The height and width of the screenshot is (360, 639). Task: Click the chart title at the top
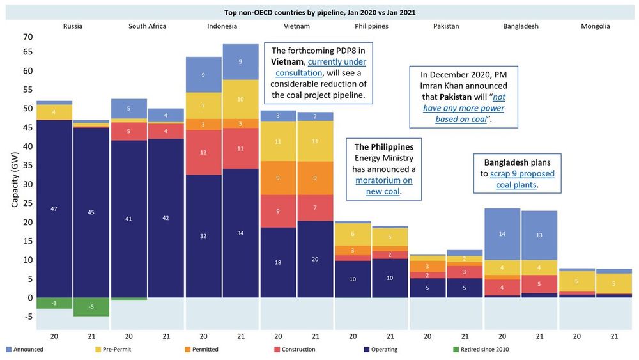point(319,12)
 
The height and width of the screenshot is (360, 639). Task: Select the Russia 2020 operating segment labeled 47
point(54,208)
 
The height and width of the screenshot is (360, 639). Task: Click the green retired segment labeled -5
point(91,306)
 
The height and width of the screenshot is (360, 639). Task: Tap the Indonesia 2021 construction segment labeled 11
point(240,148)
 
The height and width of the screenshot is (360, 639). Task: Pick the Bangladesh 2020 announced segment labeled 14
point(502,234)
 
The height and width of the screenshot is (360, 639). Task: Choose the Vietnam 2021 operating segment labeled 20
point(315,259)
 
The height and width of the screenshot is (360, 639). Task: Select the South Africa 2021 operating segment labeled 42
point(166,218)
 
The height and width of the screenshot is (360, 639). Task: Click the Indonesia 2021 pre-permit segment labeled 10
point(240,99)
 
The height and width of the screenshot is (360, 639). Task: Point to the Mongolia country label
point(595,26)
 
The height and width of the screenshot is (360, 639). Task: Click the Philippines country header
point(371,26)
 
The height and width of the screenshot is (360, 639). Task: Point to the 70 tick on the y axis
point(26,36)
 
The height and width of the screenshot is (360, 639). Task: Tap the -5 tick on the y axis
point(26,316)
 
